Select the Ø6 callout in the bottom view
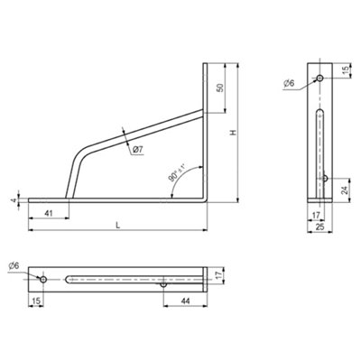pyautogui.click(x=14, y=265)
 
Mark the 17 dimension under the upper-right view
pyautogui.click(x=315, y=214)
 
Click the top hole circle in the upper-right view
pyautogui.click(x=319, y=79)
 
